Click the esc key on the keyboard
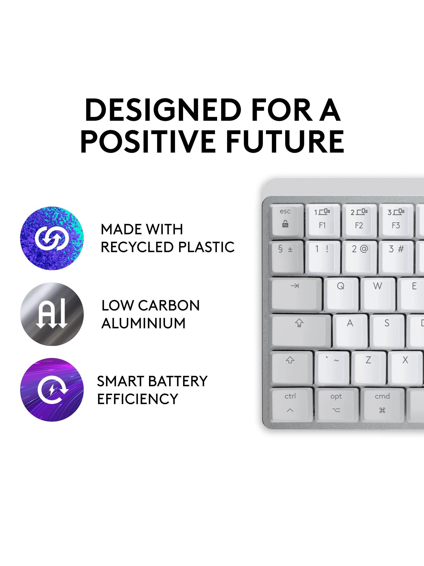[x=287, y=220]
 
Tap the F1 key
[x=323, y=220]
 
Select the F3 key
[x=396, y=220]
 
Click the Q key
[x=341, y=294]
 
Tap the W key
[x=378, y=294]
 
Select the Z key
[x=369, y=368]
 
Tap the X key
[x=405, y=368]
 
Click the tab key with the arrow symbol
[x=296, y=294]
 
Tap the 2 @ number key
[x=360, y=257]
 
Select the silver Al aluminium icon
[x=52, y=314]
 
